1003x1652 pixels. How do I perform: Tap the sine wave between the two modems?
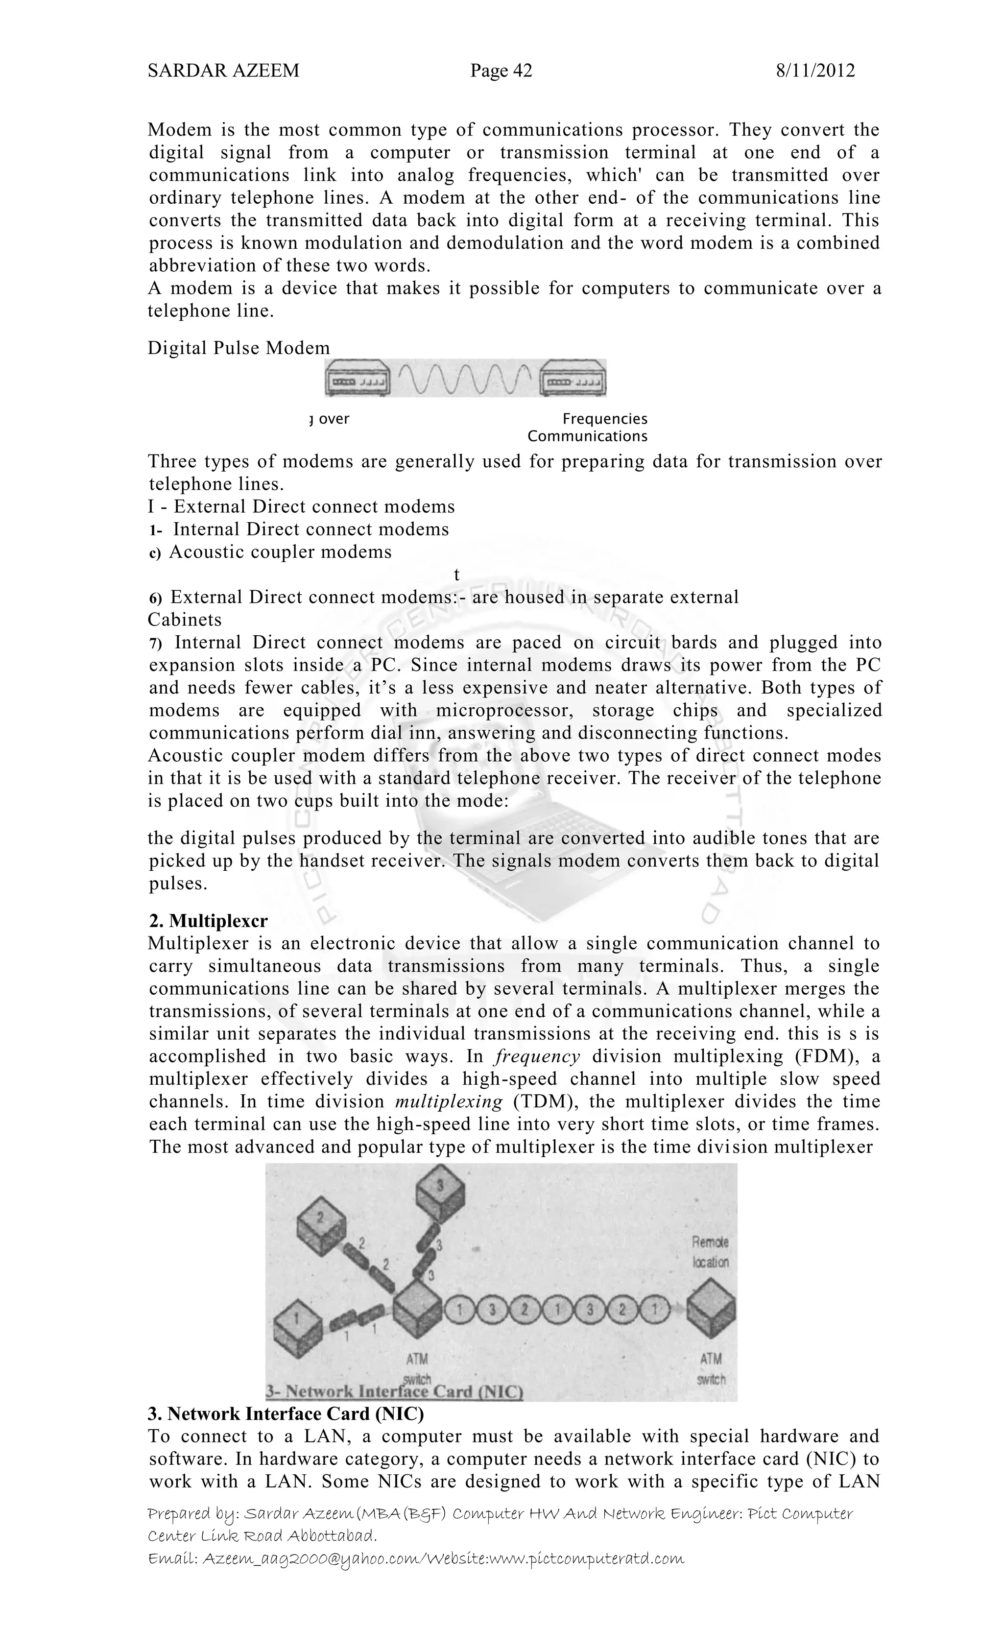click(x=466, y=379)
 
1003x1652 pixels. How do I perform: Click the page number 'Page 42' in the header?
click(x=501, y=71)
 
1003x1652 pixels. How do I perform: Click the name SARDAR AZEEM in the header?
click(x=223, y=71)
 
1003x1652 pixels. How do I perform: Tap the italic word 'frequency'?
click(x=537, y=1056)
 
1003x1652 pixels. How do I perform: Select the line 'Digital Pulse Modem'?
click(x=239, y=348)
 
